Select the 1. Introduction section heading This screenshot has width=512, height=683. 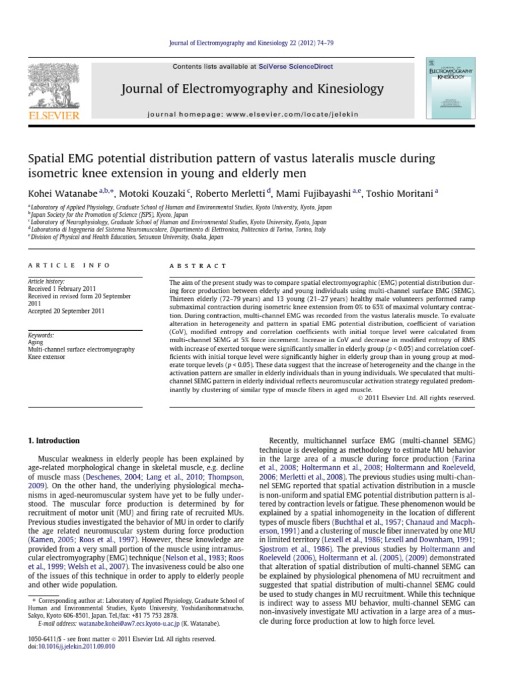pyautogui.click(x=53, y=441)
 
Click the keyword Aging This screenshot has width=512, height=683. pyautogui.click(x=35, y=341)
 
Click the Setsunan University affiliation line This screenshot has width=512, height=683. pyautogui.click(x=127, y=237)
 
